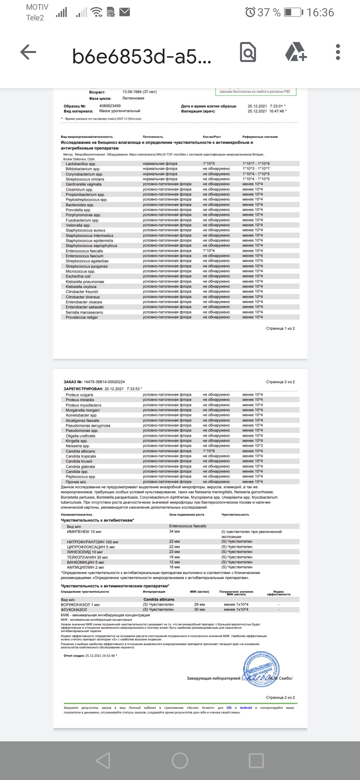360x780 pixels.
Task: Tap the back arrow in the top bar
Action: pos(28,52)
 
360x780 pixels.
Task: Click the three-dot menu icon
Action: pos(338,52)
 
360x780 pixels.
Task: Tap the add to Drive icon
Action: pos(296,52)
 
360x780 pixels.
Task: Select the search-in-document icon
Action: pos(248,52)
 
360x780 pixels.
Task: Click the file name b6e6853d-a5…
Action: pos(141,56)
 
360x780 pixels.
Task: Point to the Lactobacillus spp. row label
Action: pos(81,164)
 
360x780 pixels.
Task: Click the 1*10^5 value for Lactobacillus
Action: pos(209,164)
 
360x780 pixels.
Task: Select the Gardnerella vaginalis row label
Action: pos(84,184)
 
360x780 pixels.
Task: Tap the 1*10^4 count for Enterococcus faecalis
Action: pos(209,251)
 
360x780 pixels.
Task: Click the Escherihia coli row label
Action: pos(78,276)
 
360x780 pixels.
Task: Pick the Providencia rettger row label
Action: pos(82,317)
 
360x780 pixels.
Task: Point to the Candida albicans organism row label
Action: pos(80,451)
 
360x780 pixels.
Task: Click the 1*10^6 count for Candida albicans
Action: pos(209,451)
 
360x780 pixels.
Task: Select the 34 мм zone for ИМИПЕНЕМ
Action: pos(174,532)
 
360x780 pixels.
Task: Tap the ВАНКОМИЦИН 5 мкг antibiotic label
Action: pos(85,562)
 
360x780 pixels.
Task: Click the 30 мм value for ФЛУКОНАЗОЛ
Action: pos(199,609)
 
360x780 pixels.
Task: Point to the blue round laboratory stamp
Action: pos(261,669)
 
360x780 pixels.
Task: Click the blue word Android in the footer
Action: pos(246,708)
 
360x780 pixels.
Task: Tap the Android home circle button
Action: pos(180,761)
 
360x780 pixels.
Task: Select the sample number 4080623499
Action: pos(110,106)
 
